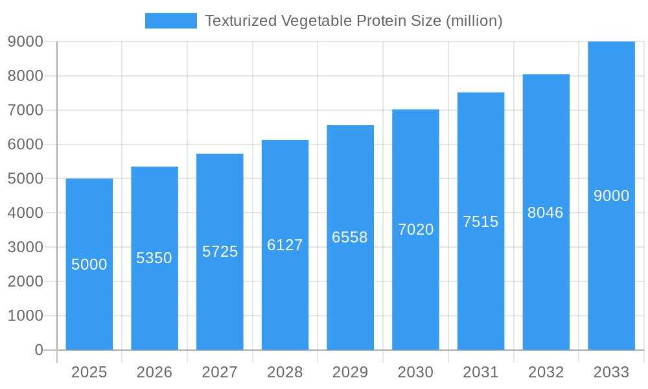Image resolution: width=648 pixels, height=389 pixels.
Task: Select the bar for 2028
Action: click(285, 292)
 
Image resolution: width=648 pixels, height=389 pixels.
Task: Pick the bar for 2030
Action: click(415, 292)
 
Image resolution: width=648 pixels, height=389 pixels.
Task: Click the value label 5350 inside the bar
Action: click(154, 258)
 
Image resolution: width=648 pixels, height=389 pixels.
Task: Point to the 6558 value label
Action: click(350, 237)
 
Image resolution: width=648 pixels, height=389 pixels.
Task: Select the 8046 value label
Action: click(546, 213)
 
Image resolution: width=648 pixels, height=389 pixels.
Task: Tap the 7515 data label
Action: click(481, 222)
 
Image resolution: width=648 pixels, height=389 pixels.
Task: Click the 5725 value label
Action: click(220, 252)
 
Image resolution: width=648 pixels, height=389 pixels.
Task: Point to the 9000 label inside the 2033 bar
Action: click(611, 196)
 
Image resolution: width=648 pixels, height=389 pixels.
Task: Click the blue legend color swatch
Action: click(170, 21)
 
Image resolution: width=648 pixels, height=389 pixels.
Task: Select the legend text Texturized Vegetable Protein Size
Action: click(324, 21)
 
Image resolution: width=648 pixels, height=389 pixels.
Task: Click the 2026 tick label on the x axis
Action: click(154, 373)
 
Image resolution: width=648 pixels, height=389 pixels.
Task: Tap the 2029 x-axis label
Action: click(350, 373)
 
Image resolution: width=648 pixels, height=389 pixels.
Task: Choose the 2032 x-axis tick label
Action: click(546, 373)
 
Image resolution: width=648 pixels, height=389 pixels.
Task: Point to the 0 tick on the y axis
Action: click(38, 350)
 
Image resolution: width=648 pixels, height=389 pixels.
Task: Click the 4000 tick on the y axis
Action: click(25, 213)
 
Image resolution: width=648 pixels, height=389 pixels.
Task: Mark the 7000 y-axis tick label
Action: click(25, 110)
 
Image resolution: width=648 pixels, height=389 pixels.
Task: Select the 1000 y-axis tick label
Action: click(25, 316)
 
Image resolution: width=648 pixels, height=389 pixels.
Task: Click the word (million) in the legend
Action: click(474, 21)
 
